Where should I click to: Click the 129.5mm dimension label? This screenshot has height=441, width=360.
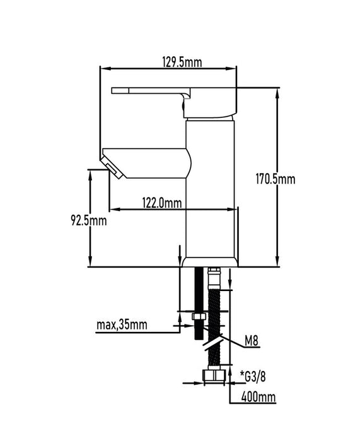click(x=182, y=62)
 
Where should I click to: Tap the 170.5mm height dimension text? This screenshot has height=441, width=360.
click(x=276, y=179)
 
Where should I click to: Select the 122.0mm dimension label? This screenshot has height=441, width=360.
click(x=162, y=203)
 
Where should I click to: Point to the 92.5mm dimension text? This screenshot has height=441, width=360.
click(x=89, y=220)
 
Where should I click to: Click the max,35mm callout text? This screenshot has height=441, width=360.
click(x=122, y=324)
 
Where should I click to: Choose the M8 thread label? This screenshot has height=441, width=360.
click(x=252, y=341)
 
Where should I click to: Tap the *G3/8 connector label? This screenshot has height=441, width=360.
click(x=253, y=377)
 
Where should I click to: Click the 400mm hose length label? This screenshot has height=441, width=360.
click(x=258, y=397)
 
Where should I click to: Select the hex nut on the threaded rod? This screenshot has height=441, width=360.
click(x=199, y=316)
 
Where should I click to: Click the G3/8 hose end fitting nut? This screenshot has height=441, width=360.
click(x=214, y=375)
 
